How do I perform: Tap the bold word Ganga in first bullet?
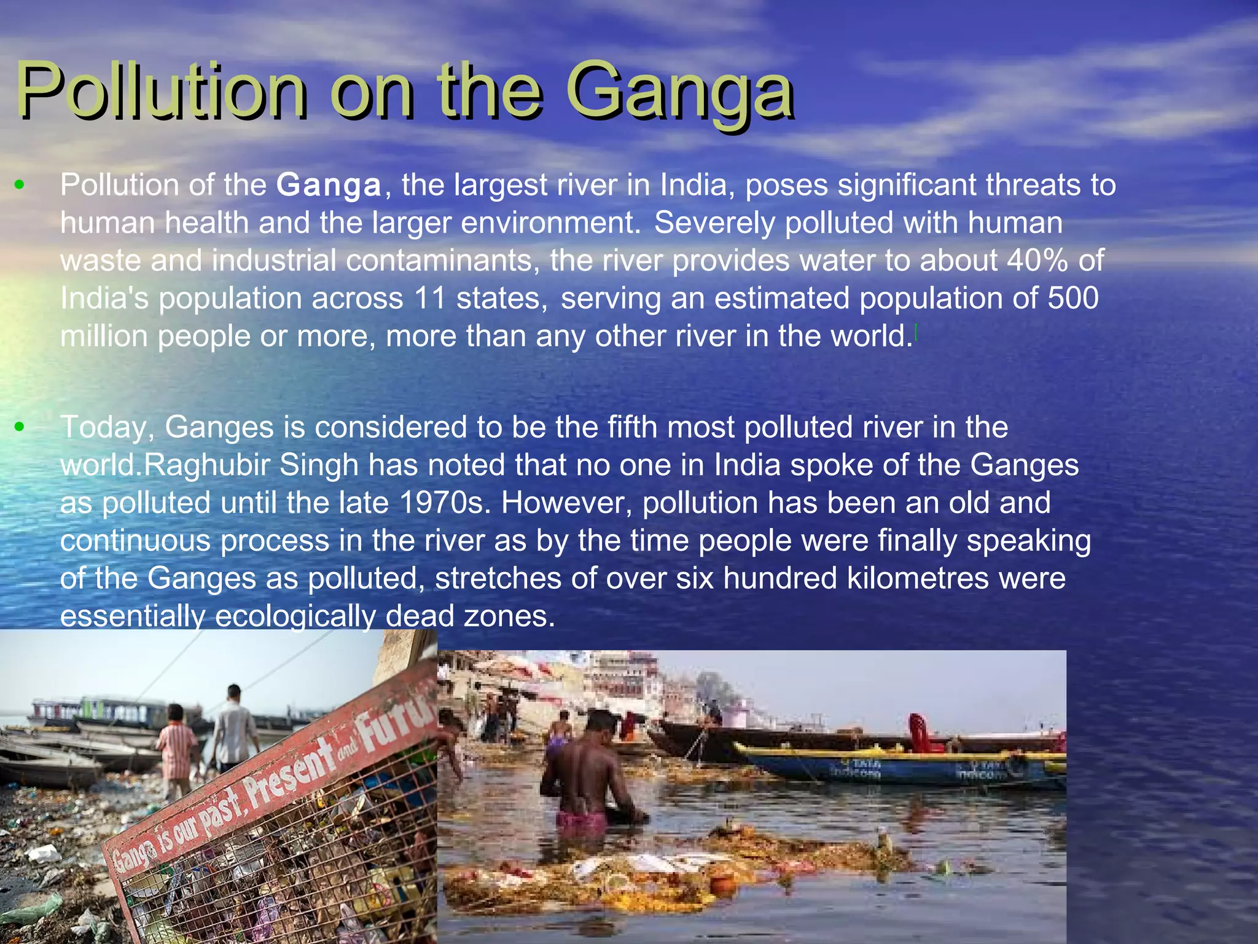pyautogui.click(x=329, y=185)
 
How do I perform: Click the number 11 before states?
pyautogui.click(x=430, y=298)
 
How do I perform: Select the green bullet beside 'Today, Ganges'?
pyautogui.click(x=20, y=427)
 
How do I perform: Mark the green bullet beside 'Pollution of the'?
pyautogui.click(x=20, y=184)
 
